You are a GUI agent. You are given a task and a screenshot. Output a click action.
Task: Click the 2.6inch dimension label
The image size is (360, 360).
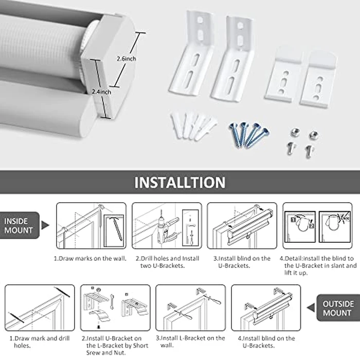point(127,59)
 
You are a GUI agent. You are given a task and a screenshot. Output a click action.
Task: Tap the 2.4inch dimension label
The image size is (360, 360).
point(101,92)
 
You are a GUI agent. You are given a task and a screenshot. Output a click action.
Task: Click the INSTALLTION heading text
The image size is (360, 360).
point(180,183)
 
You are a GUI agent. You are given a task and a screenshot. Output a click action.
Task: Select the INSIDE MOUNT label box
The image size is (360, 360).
point(20,225)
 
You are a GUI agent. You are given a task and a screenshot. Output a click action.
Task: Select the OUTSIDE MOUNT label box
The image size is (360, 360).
point(338,308)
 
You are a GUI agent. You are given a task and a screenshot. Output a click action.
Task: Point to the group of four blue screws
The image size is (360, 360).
point(249,134)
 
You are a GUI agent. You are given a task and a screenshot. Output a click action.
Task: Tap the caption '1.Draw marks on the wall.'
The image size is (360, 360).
point(90,259)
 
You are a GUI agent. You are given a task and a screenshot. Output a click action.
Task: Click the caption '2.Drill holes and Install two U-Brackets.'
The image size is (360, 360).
point(167,262)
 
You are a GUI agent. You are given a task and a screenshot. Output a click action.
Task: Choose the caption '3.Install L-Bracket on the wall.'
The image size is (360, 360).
point(190,341)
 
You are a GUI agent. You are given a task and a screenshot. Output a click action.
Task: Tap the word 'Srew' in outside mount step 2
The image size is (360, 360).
point(93,353)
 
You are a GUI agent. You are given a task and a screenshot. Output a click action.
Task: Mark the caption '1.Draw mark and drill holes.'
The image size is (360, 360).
point(40,342)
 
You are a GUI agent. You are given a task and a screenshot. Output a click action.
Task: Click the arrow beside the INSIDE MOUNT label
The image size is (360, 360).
point(45,225)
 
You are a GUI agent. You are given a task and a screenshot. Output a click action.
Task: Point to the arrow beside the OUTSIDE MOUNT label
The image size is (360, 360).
point(311,308)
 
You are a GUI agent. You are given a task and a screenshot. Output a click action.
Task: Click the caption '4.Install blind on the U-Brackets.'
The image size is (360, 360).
point(266,342)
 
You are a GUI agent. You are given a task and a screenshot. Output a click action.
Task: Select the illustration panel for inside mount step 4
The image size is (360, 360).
point(317,226)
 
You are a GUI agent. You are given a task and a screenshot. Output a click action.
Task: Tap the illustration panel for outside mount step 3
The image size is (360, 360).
point(191,308)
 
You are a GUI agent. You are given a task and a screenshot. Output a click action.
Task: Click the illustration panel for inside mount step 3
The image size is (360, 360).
point(242,226)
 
